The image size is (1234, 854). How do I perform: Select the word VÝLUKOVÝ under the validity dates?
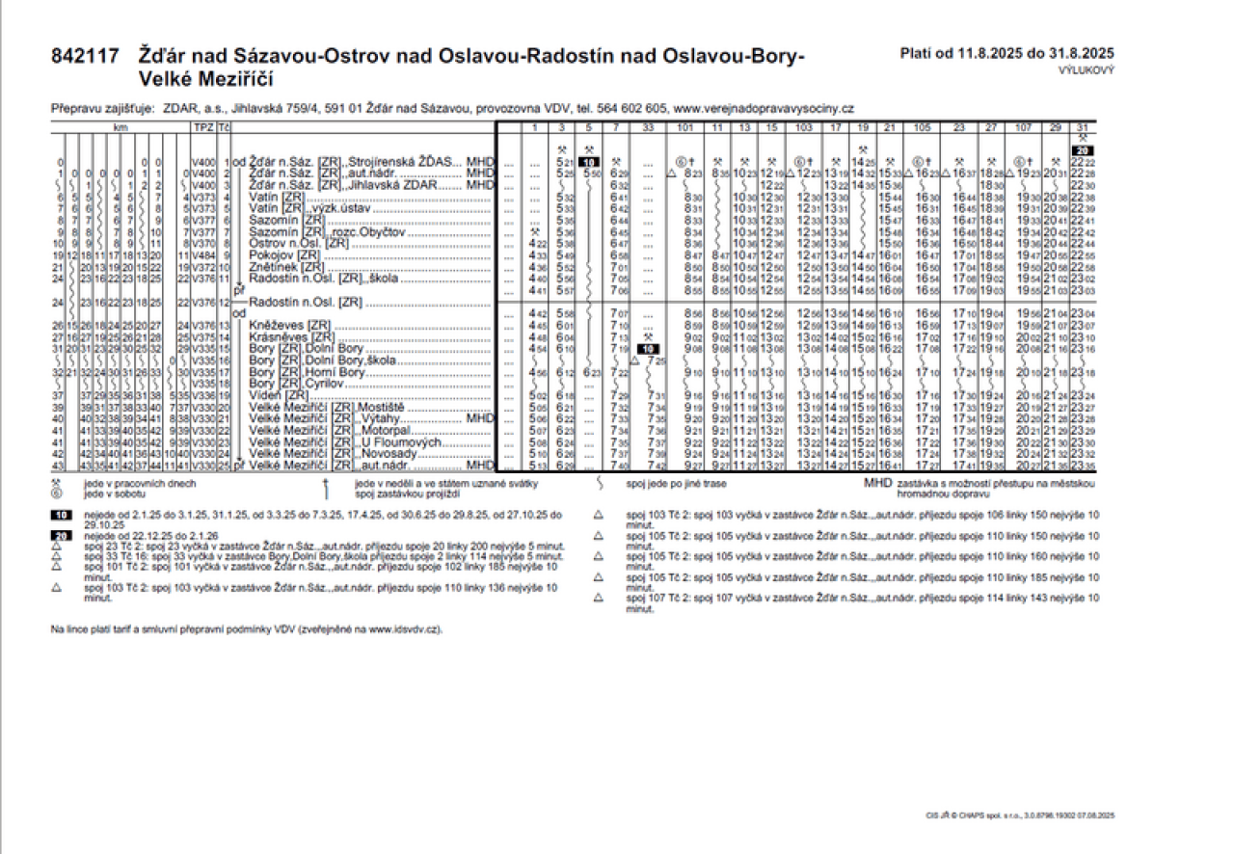(1086, 71)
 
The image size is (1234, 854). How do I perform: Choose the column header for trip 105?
(921, 127)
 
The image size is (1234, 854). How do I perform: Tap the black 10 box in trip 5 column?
(588, 161)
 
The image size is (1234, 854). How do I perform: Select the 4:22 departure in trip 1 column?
(538, 244)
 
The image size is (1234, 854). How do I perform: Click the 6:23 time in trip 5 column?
(592, 373)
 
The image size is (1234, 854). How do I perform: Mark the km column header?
(121, 127)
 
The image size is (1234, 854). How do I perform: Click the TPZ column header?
(202, 127)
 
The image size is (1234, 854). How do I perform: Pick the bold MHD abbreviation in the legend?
(877, 481)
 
